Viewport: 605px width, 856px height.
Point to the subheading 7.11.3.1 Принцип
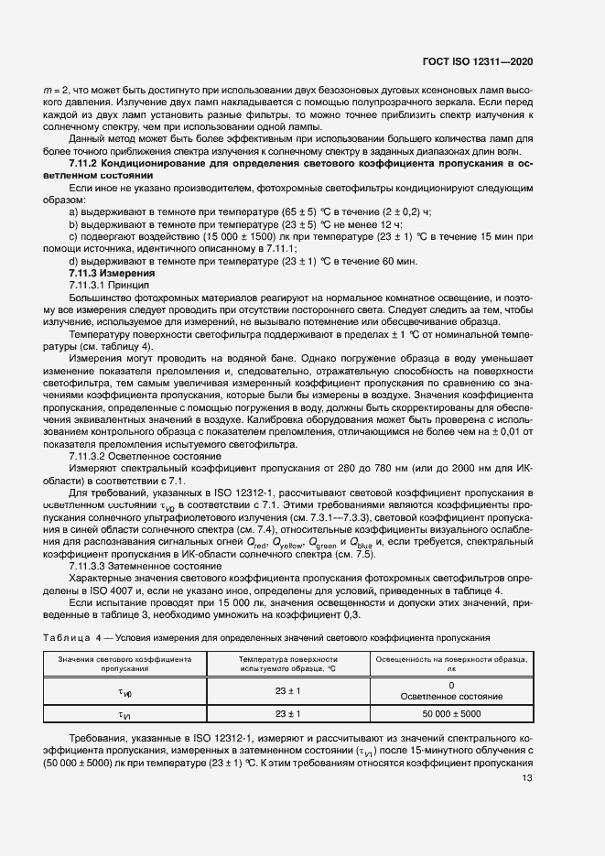point(108,285)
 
